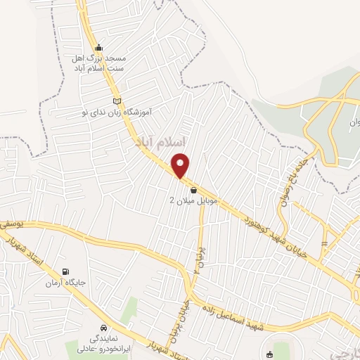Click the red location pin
[x=181, y=165]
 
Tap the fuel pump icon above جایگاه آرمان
[x=66, y=272]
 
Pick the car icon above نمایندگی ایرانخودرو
[x=104, y=328]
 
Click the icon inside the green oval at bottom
[x=271, y=354]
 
